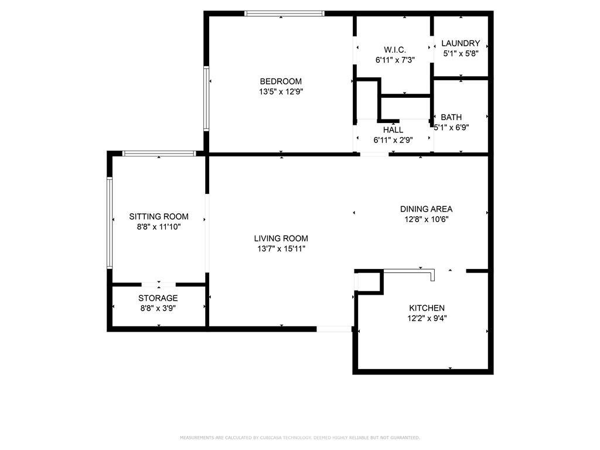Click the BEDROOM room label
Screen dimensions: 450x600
[x=281, y=81]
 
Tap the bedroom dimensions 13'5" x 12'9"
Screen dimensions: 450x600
[x=281, y=91]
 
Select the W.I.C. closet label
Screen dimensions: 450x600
[x=394, y=50]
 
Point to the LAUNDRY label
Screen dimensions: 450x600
[x=461, y=43]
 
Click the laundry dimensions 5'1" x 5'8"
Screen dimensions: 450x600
[x=461, y=53]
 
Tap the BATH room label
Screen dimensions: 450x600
[x=451, y=117]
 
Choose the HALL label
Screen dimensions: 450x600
[x=393, y=129]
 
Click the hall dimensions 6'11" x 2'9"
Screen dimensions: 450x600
[x=393, y=140]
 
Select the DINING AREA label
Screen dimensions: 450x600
[x=426, y=209]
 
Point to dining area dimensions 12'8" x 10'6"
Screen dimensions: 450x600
[x=426, y=219]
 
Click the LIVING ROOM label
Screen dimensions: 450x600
[x=281, y=238]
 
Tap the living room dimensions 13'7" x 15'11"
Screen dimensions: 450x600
[x=281, y=248]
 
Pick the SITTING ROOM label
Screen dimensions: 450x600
[x=159, y=216]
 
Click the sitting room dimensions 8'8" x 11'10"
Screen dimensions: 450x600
[x=159, y=227]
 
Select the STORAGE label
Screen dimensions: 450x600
[x=158, y=298]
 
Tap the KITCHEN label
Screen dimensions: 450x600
[x=427, y=308]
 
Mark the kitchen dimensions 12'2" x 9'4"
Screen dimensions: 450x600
[x=427, y=319]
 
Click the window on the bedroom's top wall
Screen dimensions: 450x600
[x=284, y=13]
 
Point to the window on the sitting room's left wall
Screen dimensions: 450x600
[x=110, y=223]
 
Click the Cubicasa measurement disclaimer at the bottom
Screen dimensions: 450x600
[x=299, y=438]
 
